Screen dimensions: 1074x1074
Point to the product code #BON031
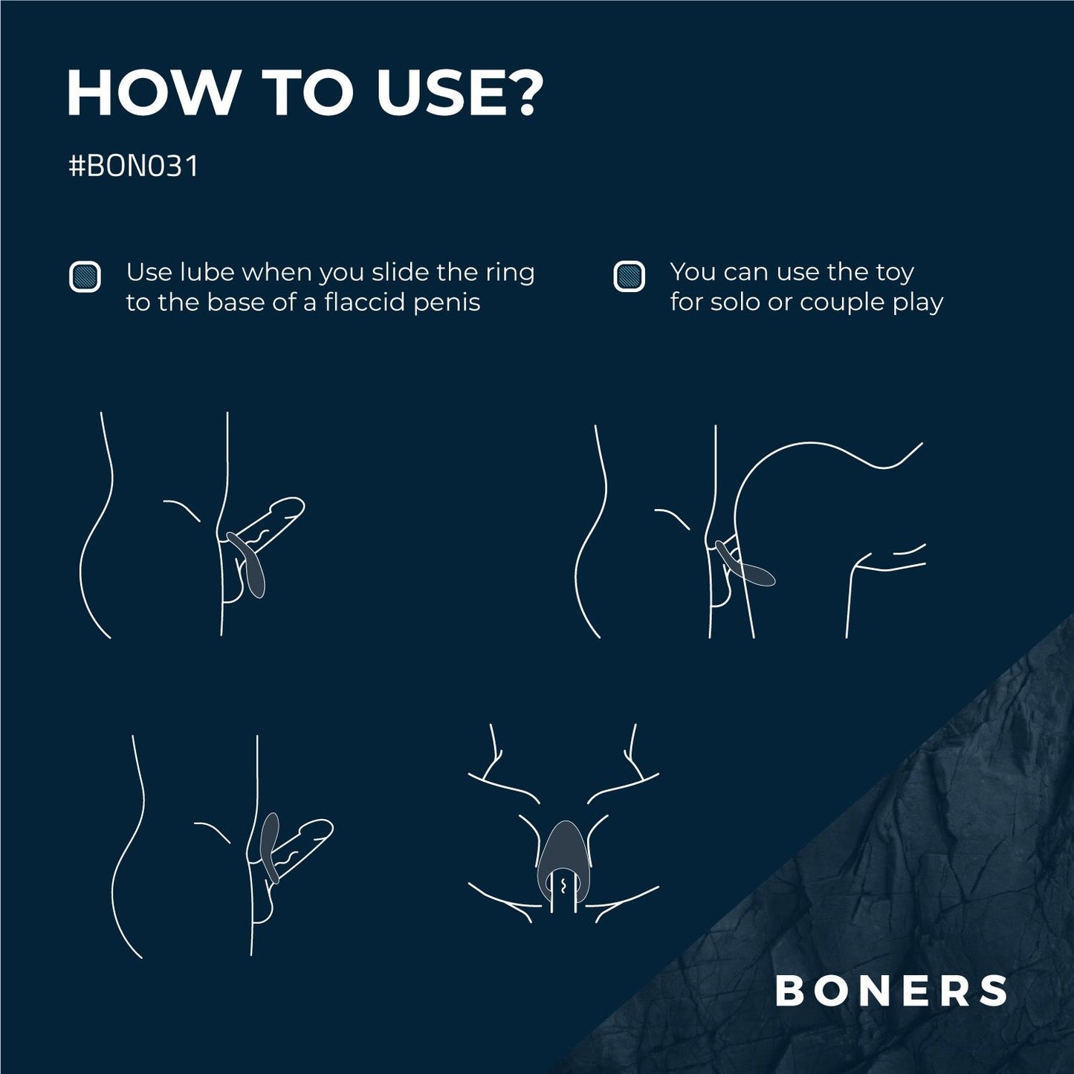[133, 167]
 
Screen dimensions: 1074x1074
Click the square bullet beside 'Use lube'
[85, 276]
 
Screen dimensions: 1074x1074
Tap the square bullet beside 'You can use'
[629, 276]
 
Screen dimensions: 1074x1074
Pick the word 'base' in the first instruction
[239, 303]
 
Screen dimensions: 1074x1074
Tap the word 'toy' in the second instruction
[894, 273]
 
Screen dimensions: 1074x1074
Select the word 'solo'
[737, 303]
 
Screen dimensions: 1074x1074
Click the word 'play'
[919, 303]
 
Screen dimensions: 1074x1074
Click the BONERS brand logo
[891, 991]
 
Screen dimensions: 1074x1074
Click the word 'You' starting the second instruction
[693, 273]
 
